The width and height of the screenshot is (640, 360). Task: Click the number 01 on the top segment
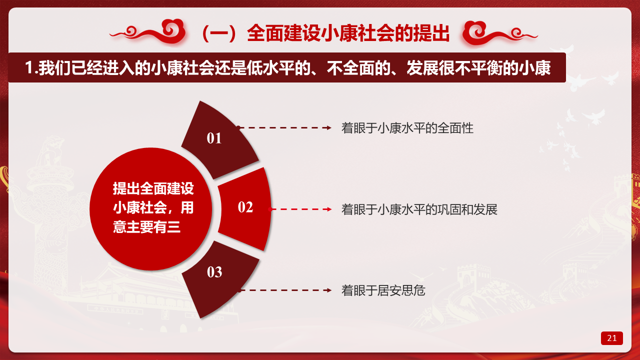pos(214,138)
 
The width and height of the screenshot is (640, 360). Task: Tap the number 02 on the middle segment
pos(245,207)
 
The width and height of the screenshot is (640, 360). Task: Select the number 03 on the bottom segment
pos(214,272)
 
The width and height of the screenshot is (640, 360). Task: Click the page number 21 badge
pos(611,338)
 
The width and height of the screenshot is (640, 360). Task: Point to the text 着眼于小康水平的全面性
pos(407,128)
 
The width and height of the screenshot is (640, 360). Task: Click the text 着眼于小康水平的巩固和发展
pos(419,209)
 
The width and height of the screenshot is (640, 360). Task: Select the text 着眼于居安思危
pos(383,290)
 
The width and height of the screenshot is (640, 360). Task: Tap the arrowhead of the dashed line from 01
pos(329,127)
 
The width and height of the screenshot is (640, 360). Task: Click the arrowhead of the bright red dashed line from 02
pos(329,209)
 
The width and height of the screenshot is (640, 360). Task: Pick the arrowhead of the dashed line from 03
pos(329,290)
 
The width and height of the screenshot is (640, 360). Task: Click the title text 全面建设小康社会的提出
pos(348,33)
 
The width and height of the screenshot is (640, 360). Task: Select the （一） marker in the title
pos(219,33)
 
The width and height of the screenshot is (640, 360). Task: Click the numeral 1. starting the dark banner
pos(31,68)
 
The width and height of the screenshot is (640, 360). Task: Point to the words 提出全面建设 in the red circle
pos(153,188)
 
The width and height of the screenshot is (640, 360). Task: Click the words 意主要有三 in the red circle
pos(147,227)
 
